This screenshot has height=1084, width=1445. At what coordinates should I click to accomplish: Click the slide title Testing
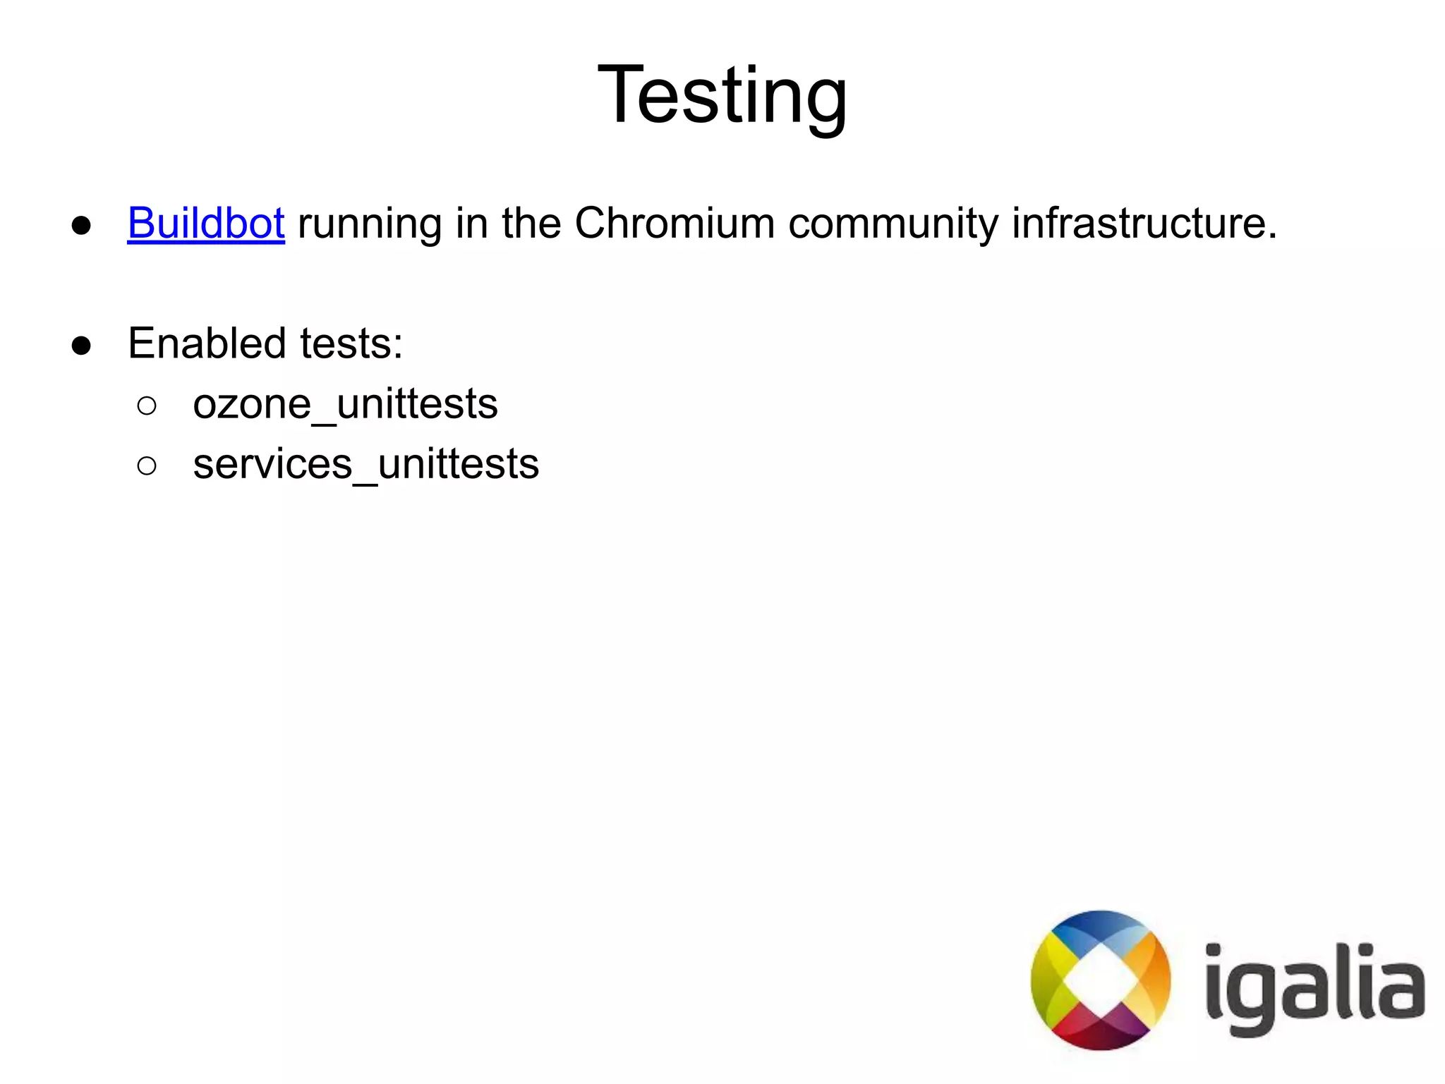722,95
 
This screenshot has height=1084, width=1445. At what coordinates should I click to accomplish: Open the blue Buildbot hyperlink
205,224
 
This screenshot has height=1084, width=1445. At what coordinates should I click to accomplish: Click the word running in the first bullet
370,225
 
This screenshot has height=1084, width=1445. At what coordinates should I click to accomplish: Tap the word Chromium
675,224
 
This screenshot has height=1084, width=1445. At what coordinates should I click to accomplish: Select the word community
893,225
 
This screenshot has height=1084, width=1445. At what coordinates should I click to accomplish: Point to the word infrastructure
1143,224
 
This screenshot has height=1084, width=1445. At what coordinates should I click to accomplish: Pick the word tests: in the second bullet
351,345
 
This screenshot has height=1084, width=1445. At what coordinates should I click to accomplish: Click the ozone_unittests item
345,405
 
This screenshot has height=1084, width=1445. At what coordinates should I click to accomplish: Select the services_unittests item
365,465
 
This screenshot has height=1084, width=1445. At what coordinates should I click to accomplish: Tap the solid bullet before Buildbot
81,226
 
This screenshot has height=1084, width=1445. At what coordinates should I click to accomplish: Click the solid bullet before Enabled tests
81,346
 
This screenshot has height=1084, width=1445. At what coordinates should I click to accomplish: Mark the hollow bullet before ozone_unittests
147,406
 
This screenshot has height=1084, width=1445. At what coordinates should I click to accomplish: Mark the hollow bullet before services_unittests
147,465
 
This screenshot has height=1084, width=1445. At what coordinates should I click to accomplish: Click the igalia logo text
1314,987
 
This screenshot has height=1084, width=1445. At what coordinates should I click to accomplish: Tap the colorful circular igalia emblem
1100,980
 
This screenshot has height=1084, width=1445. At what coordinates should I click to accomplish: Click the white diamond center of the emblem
1100,980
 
